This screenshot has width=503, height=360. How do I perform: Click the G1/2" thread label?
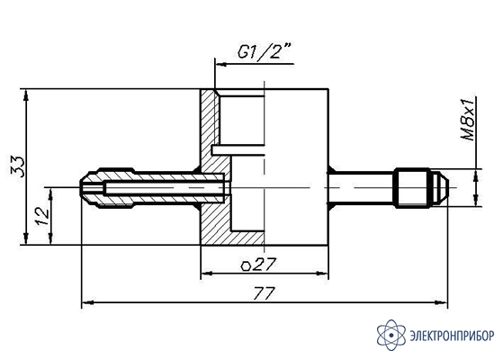[264, 50]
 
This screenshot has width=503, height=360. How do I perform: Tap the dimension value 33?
[17, 166]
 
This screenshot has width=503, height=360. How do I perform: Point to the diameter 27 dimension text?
[258, 265]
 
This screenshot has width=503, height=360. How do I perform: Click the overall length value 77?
[264, 293]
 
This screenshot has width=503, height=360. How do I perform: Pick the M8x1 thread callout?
[467, 119]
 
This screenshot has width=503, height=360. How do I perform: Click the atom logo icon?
[391, 335]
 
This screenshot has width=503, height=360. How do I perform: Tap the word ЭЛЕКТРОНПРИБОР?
[452, 336]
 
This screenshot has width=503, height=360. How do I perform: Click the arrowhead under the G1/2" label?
[221, 64]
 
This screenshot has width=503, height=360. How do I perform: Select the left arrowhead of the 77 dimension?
[87, 302]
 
